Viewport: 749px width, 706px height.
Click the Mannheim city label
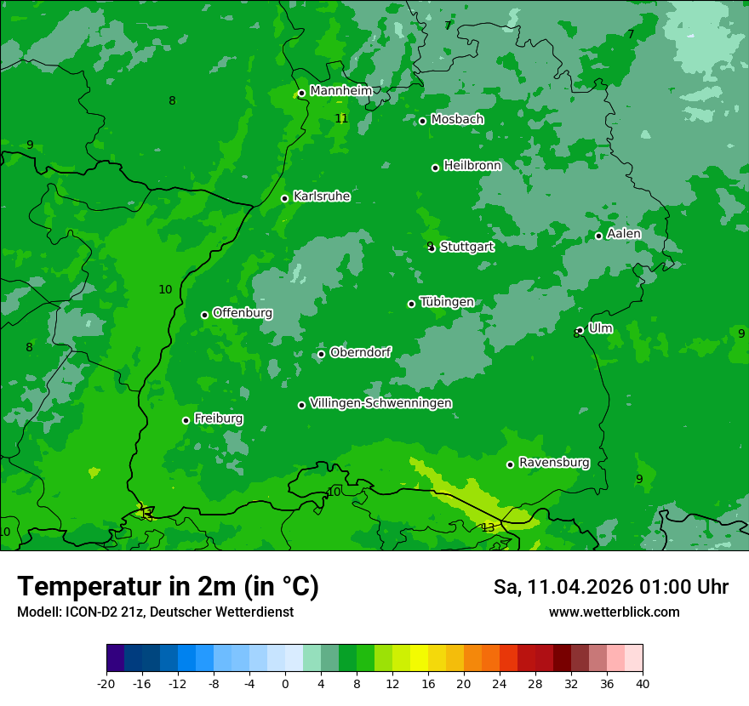(x=341, y=91)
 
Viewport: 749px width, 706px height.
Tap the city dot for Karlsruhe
(x=285, y=199)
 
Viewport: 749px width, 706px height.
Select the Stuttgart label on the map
(x=466, y=247)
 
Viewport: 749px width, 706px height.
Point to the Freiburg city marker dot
(x=186, y=420)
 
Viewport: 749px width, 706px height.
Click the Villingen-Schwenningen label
(x=380, y=403)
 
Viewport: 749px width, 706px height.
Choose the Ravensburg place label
(x=554, y=463)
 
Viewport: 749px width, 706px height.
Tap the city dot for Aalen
(x=598, y=236)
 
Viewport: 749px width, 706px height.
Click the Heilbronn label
(x=472, y=166)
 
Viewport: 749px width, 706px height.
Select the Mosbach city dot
(x=422, y=121)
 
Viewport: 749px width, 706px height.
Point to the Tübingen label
(x=447, y=302)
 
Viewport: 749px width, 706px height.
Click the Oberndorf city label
(x=361, y=352)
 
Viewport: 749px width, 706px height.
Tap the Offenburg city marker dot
(x=204, y=315)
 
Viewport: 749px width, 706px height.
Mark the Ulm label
(x=600, y=328)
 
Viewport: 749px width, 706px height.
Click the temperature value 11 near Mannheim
(x=341, y=118)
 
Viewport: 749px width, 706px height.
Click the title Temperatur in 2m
(x=168, y=586)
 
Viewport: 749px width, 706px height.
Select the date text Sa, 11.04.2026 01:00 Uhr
(x=610, y=587)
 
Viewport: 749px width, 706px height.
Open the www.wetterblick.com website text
(x=614, y=612)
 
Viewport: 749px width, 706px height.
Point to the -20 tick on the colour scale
(x=106, y=683)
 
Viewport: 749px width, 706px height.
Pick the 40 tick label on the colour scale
(x=643, y=683)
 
